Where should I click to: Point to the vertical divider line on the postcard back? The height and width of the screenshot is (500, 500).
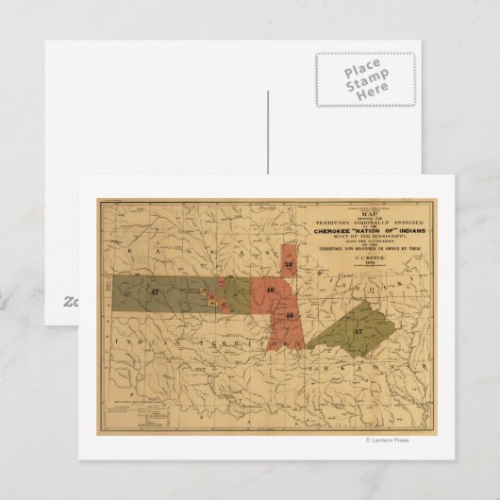(x=268, y=132)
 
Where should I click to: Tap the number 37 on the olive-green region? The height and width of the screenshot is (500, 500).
(x=358, y=331)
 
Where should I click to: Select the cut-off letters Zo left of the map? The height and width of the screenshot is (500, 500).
(x=70, y=300)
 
